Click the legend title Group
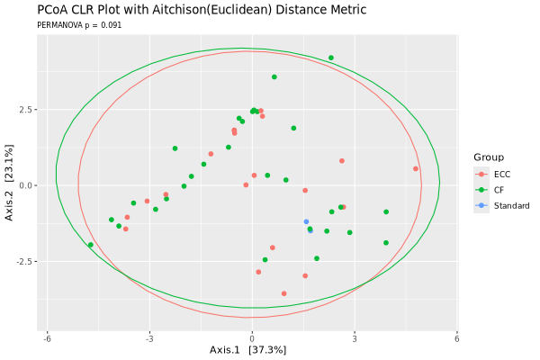pos(489,157)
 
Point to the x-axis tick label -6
pos(47,338)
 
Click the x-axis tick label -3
pos(149,338)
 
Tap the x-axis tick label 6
pos(457,338)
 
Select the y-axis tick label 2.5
pos(26,110)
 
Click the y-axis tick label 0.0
pos(26,185)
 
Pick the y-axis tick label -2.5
pos(25,262)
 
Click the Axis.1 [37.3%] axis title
pos(248,350)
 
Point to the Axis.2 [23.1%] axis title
pos(9,183)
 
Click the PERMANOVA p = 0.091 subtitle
pos(79,25)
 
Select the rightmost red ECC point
pos(416,169)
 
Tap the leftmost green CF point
pos(91,245)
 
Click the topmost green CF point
pos(331,58)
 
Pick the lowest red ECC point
pos(283,293)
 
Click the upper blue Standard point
pos(306,221)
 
